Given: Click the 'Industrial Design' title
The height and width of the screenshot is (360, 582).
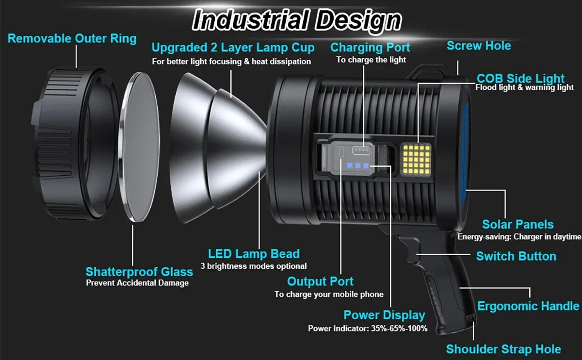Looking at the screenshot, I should click(297, 20).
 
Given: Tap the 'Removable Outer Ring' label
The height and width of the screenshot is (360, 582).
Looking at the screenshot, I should click(72, 38).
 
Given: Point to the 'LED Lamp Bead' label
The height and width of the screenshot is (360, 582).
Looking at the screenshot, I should click(254, 254).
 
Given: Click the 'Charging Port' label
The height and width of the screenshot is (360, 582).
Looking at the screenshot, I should click(370, 48).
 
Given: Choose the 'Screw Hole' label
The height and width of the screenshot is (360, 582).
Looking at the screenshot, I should click(478, 46).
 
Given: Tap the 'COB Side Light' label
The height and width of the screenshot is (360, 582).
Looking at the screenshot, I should click(520, 78).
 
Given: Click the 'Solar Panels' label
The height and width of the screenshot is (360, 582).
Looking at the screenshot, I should click(517, 224).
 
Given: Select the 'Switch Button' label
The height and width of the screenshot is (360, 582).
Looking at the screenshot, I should click(516, 256).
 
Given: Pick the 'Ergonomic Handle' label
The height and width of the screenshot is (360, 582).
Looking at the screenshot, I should click(528, 306).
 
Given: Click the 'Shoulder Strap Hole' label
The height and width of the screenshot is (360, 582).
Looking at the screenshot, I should click(503, 349).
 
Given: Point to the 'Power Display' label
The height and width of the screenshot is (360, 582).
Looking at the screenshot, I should click(384, 315).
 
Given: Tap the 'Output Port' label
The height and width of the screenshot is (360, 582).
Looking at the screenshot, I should click(320, 281).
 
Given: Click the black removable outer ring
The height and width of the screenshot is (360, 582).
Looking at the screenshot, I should click(73, 146).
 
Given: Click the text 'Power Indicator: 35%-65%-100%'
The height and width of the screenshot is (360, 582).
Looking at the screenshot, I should click(368, 328).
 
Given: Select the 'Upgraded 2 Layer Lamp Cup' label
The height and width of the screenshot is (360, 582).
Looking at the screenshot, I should click(233, 48).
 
